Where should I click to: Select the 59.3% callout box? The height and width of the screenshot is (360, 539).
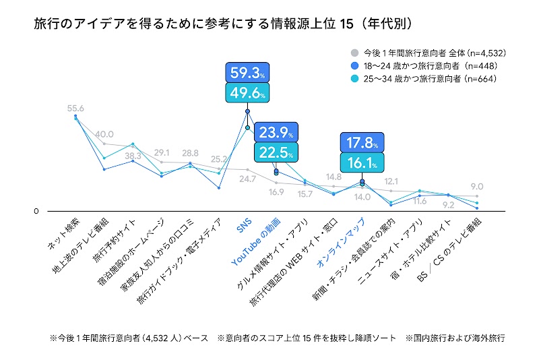(248, 73)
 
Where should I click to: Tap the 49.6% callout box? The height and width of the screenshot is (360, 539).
(248, 93)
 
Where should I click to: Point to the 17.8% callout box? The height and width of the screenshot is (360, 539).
(362, 143)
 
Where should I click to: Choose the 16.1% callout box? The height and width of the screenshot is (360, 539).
(362, 163)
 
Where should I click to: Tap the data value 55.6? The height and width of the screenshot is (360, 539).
(75, 108)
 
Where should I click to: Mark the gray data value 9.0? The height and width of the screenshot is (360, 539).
(476, 187)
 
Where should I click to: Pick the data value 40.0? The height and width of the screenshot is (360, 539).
(105, 134)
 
